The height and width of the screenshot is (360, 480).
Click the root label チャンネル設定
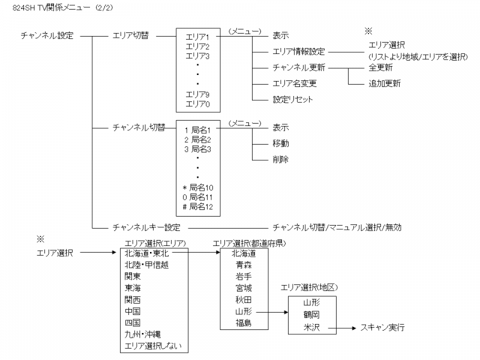(x=47, y=35)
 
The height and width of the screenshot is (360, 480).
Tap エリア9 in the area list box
(x=197, y=95)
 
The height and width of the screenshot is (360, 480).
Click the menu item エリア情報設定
(x=299, y=52)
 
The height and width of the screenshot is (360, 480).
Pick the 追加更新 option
(x=385, y=83)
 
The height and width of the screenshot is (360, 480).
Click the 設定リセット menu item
(x=293, y=99)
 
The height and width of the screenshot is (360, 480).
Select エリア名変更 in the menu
(x=295, y=83)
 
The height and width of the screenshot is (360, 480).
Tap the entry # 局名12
(x=197, y=207)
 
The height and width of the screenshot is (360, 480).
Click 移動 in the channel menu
(x=281, y=143)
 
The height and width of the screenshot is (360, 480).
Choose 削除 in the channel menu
(x=281, y=159)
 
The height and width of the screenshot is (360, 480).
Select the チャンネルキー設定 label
(x=146, y=227)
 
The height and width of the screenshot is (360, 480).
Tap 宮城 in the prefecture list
(x=244, y=288)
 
